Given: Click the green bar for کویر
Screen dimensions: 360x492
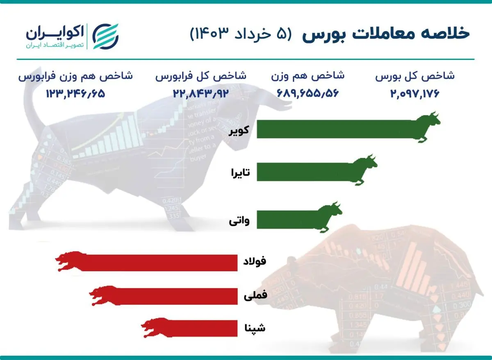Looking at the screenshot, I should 336,129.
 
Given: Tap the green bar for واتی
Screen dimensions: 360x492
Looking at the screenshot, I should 287,218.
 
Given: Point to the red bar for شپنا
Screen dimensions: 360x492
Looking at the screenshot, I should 201,328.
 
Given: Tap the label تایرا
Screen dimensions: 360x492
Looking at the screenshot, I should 241,173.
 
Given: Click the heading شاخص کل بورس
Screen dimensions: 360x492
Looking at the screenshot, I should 415,76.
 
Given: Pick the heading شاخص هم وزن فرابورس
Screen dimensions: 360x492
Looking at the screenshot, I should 75,76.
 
